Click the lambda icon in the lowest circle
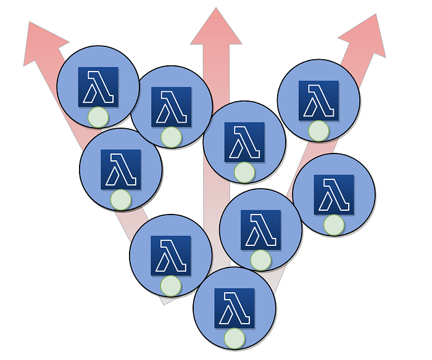coord(235,308)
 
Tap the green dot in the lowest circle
coord(235,338)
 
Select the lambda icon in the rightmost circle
coord(334,195)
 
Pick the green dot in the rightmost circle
coord(334,225)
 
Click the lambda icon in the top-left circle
coord(98,86)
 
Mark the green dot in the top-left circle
coord(98,117)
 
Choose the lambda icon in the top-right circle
coord(318,100)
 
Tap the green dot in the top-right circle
coord(318,131)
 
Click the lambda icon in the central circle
coord(244,142)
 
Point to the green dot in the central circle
coord(244,172)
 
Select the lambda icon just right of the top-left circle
coord(171,107)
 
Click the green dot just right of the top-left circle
coord(171,137)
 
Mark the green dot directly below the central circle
coord(260,260)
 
